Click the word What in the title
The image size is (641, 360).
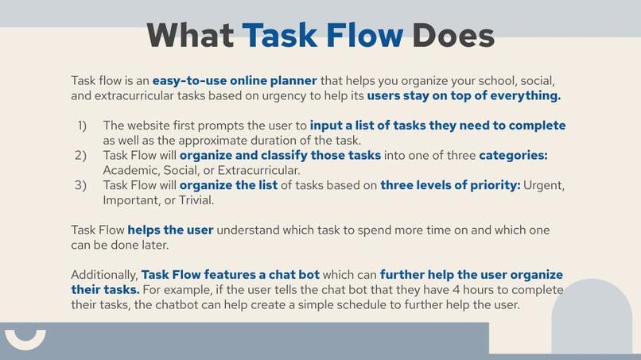click(x=190, y=36)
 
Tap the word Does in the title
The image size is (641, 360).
click(x=453, y=36)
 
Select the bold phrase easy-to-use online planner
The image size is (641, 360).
click(x=235, y=81)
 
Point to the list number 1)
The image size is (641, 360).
click(x=82, y=126)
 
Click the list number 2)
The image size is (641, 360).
click(x=81, y=156)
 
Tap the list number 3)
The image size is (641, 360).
click(x=81, y=186)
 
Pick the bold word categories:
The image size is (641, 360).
click(x=513, y=156)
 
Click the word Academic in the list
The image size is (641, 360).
click(x=131, y=170)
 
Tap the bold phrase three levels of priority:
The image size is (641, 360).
click(x=450, y=186)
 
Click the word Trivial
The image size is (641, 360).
click(x=195, y=200)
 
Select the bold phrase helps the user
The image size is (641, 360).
click(x=170, y=230)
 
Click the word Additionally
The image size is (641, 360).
click(x=104, y=275)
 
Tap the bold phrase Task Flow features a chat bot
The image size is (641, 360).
click(x=230, y=275)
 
